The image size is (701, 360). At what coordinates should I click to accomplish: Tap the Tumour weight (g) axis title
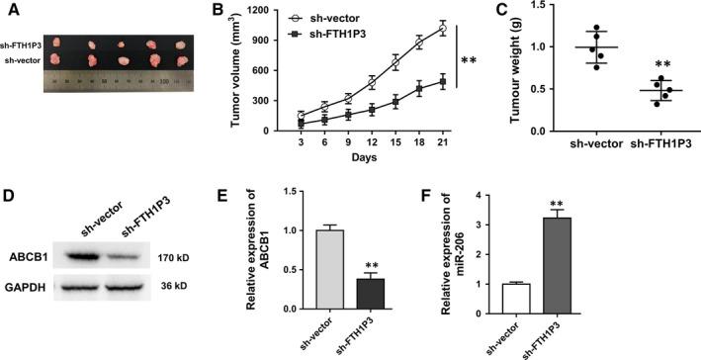[514, 64]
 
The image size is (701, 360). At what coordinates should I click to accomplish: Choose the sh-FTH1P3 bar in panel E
[374, 295]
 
